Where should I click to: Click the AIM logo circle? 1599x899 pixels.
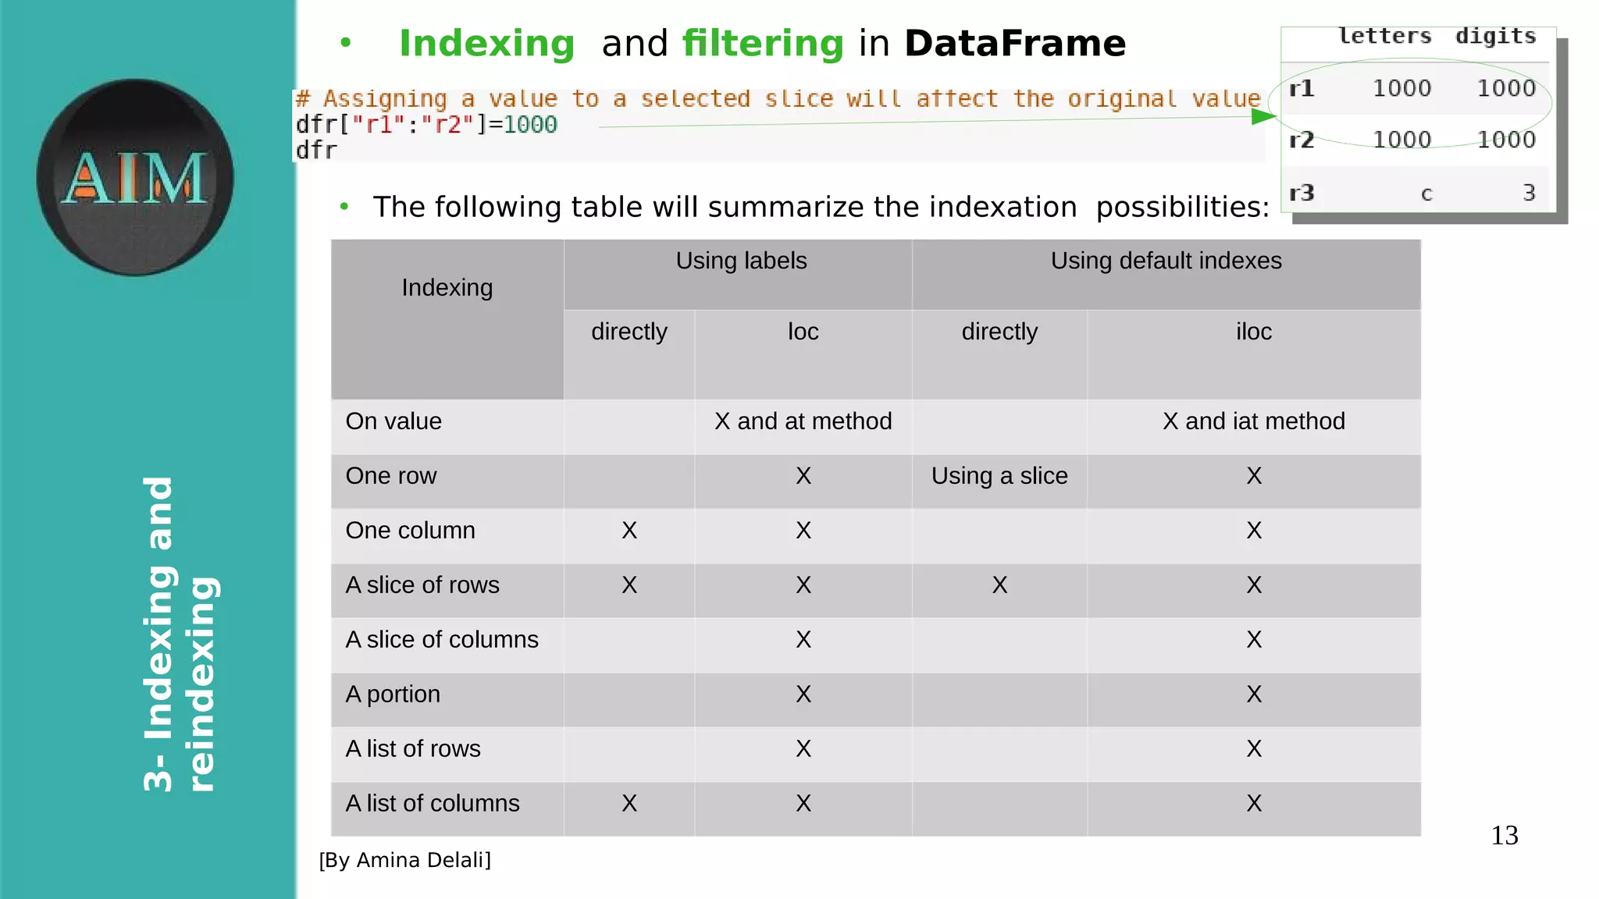[x=135, y=177]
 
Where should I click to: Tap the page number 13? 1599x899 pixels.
[x=1504, y=836]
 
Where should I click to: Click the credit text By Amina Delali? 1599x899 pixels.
[x=405, y=860]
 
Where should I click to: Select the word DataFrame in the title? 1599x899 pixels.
[x=1015, y=44]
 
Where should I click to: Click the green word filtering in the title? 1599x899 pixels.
[x=763, y=44]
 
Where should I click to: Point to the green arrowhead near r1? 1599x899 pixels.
[x=1263, y=116]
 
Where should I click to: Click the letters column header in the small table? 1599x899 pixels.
[x=1384, y=36]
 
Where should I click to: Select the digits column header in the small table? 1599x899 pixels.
[x=1495, y=36]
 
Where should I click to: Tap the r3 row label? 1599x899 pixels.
[x=1302, y=192]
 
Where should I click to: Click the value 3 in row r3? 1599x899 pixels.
[x=1529, y=193]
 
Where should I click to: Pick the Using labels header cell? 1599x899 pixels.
[x=741, y=261]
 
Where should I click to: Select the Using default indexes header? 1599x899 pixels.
[x=1166, y=261]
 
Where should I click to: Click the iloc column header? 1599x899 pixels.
[x=1253, y=332]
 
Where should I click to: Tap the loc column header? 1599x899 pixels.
[x=803, y=332]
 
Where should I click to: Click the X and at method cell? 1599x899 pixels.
[x=803, y=421]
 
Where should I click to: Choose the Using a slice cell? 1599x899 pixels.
[x=999, y=476]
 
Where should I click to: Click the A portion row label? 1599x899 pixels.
[x=393, y=695]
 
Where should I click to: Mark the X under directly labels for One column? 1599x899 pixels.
[x=629, y=531]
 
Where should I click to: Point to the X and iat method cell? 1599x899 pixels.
[x=1253, y=421]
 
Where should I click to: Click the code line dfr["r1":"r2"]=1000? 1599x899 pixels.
[x=426, y=125]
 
